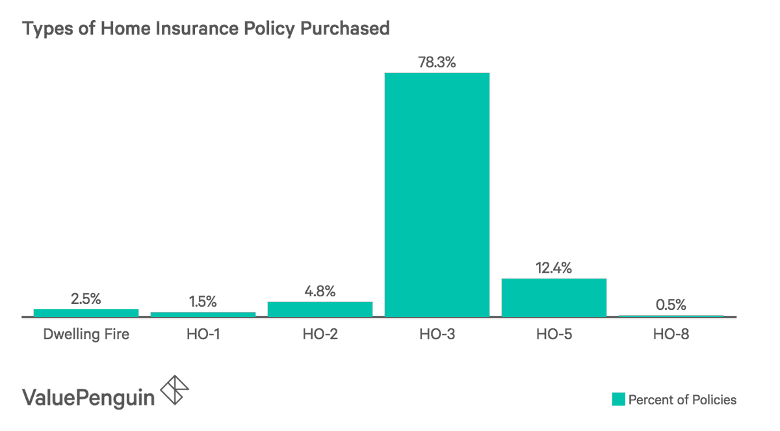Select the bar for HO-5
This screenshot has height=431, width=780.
[554, 297]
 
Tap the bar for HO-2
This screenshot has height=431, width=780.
[320, 309]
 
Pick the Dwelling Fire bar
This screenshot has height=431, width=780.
[86, 313]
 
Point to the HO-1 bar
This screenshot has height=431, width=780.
[203, 314]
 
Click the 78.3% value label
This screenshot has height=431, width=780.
[437, 63]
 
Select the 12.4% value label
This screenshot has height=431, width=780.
[554, 268]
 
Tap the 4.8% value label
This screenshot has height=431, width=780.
[319, 291]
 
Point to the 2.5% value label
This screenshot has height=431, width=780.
[86, 299]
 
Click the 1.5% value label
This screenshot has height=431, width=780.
[203, 301]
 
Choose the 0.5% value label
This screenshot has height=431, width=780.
[670, 305]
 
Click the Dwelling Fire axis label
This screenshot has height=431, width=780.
[86, 335]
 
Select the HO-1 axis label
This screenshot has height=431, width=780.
[203, 335]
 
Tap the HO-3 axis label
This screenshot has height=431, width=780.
[437, 335]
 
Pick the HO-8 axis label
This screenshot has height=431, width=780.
[671, 335]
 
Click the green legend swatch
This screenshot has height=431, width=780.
[617, 399]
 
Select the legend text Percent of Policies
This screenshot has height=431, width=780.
[682, 399]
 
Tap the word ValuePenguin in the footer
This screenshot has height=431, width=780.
[89, 396]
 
